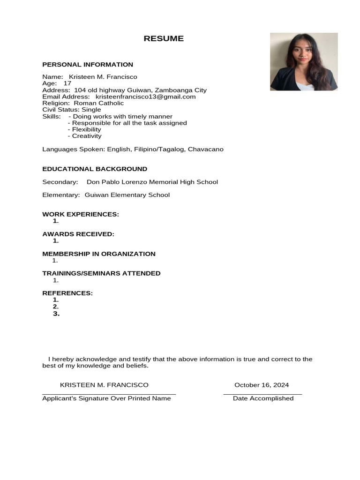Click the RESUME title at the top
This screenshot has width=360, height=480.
click(164, 39)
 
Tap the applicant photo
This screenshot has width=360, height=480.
click(304, 61)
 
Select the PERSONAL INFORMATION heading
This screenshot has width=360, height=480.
click(88, 65)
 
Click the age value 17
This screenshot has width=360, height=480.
click(67, 83)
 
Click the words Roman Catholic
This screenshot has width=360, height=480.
click(99, 103)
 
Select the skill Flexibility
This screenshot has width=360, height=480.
click(86, 129)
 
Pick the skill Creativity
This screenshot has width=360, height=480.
click(87, 136)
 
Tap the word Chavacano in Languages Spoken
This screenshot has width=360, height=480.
click(205, 149)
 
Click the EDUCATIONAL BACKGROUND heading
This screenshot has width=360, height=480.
click(95, 169)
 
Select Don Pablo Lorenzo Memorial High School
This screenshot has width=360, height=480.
click(152, 182)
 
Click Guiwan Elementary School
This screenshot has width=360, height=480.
click(127, 195)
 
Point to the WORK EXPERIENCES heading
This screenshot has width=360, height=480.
click(81, 214)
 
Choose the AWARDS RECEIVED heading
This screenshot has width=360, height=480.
click(78, 234)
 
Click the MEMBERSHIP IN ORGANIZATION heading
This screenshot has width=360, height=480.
click(99, 254)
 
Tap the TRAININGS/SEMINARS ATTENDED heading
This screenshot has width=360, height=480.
click(101, 273)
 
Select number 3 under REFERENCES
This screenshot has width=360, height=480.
click(56, 314)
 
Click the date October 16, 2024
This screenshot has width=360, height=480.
click(262, 385)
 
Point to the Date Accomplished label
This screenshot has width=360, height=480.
click(263, 398)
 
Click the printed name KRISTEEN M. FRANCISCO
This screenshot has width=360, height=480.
click(104, 385)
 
